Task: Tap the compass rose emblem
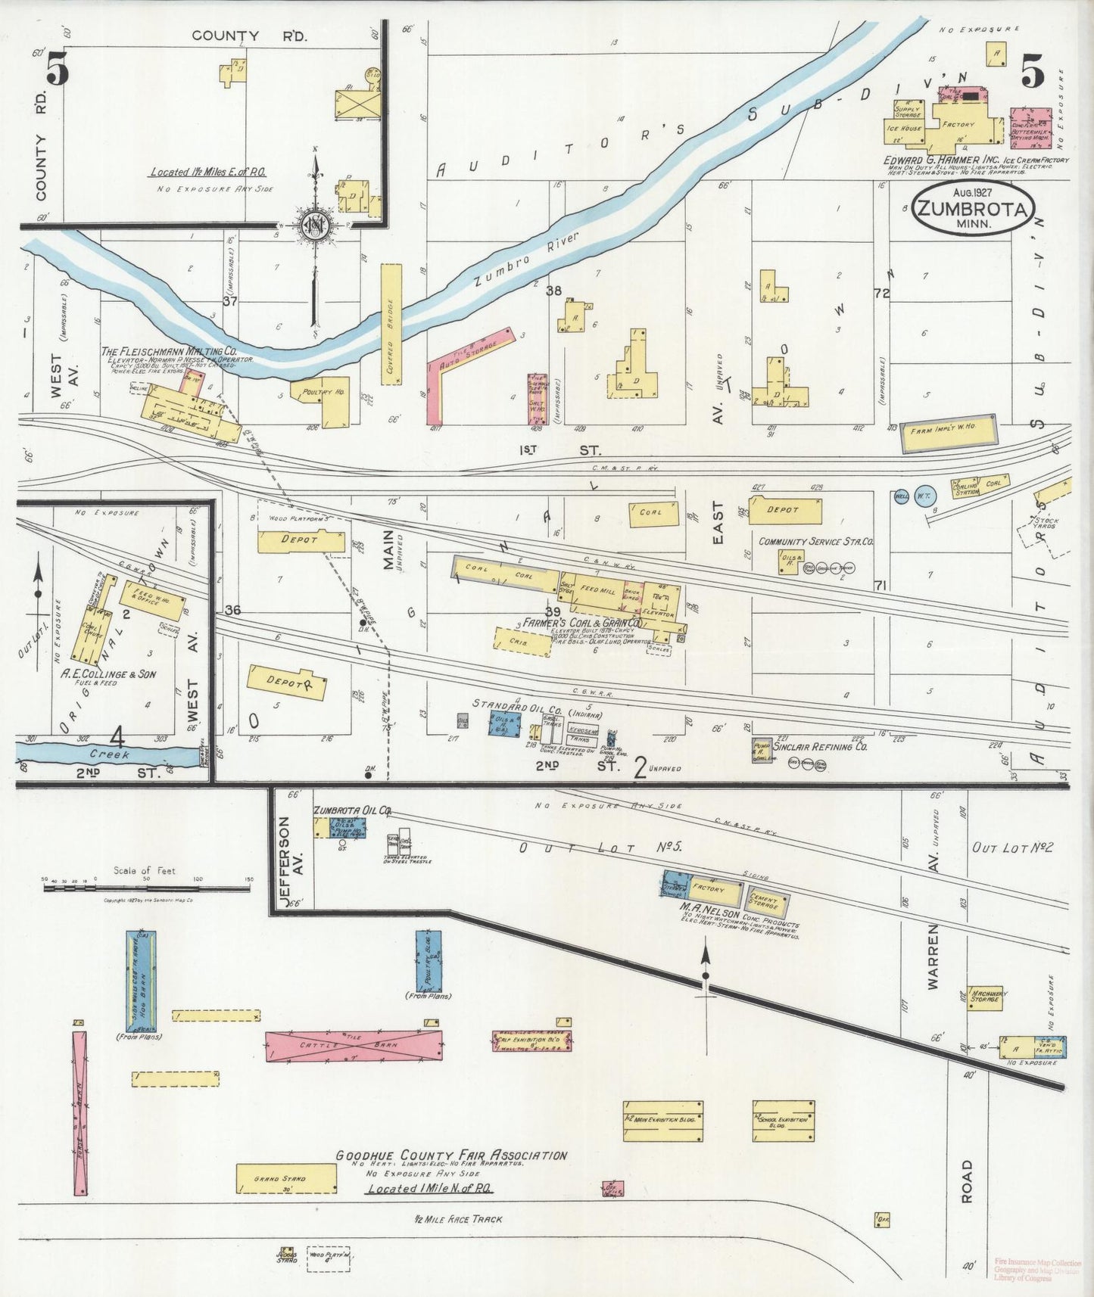pyautogui.click(x=313, y=225)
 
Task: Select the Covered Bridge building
pyautogui.click(x=391, y=325)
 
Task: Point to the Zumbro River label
pyautogui.click(x=525, y=259)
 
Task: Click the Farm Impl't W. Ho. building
pyautogui.click(x=948, y=434)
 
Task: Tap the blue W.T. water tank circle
pyautogui.click(x=925, y=496)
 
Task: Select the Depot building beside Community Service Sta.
pyautogui.click(x=785, y=511)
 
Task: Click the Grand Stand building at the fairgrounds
pyautogui.click(x=286, y=1179)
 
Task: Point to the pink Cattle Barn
pyautogui.click(x=354, y=1046)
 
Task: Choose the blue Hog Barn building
pyautogui.click(x=141, y=981)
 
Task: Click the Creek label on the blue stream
pyautogui.click(x=110, y=754)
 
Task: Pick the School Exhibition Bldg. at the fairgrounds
pyautogui.click(x=784, y=1121)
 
